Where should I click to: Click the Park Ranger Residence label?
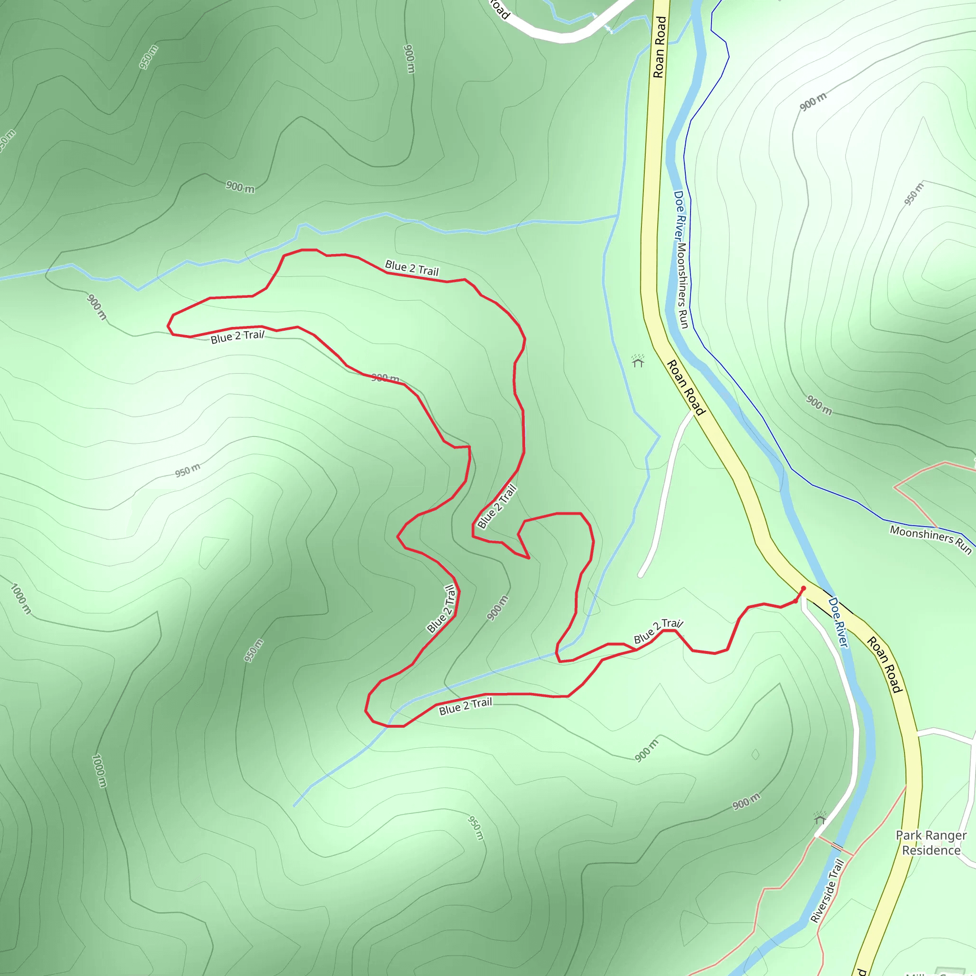tap(931, 843)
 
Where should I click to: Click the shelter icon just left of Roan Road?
tap(638, 361)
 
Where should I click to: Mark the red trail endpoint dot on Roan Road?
tap(803, 588)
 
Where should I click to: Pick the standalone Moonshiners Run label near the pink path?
tap(931, 539)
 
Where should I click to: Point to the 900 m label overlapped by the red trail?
tap(386, 378)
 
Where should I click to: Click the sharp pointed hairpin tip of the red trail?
tap(529, 558)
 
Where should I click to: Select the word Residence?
tap(931, 850)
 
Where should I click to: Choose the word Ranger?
tap(944, 835)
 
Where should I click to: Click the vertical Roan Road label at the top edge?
tap(660, 47)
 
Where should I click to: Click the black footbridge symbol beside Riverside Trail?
tap(837, 846)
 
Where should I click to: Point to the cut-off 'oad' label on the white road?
tap(499, 9)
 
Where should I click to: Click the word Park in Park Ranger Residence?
tap(908, 835)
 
